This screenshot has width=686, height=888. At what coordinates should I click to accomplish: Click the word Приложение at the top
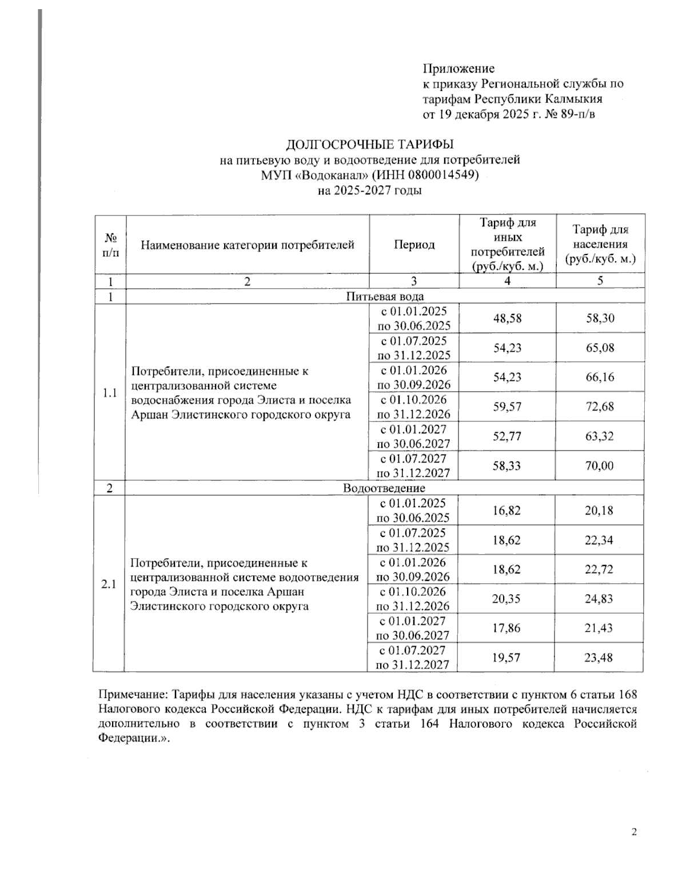coord(458,69)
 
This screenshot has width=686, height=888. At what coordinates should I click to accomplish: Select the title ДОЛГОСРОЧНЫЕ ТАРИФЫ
coord(370,144)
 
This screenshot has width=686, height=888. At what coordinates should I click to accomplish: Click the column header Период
coord(414,245)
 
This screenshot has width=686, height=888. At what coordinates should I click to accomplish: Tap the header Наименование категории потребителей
coord(248,245)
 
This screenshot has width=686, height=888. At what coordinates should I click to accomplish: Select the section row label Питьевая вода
coord(385,296)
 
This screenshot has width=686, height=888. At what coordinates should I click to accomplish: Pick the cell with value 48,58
coord(507,318)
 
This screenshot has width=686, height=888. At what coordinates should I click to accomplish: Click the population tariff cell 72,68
coord(600,407)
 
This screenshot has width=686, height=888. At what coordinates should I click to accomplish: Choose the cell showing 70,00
coord(600,465)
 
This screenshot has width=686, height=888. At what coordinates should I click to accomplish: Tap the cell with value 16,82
coord(506,510)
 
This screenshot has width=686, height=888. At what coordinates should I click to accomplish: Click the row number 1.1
coord(109,393)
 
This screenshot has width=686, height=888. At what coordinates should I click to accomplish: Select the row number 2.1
coord(109,584)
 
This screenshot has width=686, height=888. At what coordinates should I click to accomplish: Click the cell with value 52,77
coord(507,436)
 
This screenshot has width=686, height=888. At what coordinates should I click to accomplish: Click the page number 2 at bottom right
coord(634,832)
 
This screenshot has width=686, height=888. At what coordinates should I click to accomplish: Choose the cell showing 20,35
coord(506,598)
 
